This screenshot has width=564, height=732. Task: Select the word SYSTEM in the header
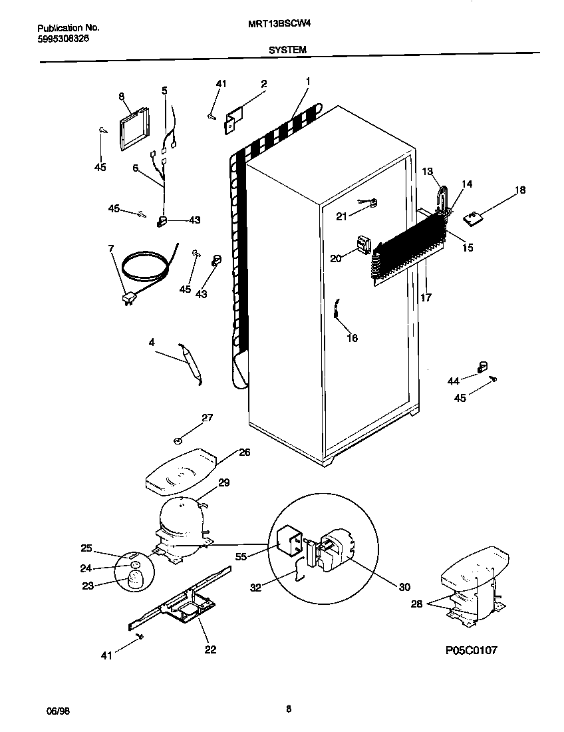click(287, 49)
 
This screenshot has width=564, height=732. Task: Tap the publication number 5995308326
click(63, 39)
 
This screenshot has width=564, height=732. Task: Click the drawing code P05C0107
click(471, 650)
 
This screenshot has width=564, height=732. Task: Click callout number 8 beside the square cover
click(122, 96)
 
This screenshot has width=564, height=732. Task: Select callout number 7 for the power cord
click(110, 249)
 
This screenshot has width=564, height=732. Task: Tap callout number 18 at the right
click(519, 190)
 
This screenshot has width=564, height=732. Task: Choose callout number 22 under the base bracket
click(210, 649)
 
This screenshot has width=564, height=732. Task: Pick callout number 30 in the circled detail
click(404, 587)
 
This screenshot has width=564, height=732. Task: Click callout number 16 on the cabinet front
click(352, 338)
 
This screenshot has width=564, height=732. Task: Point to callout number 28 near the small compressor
click(417, 604)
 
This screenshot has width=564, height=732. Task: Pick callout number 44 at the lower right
click(453, 381)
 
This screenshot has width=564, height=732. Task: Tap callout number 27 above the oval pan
click(208, 418)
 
